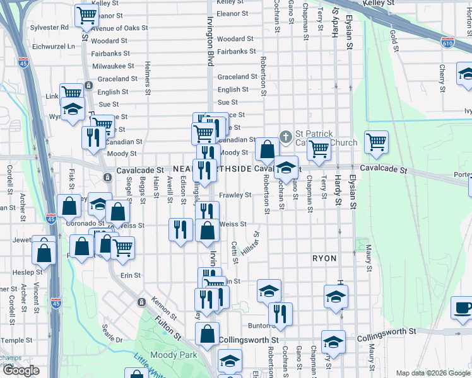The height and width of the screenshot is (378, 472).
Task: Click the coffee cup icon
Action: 463,308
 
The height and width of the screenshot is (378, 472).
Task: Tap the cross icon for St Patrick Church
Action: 285,136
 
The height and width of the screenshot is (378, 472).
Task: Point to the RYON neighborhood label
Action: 323,258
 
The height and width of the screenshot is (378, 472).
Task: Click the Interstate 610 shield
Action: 447,43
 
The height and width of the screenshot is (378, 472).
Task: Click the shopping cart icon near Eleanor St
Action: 86,15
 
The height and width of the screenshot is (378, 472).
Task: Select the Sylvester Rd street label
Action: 49,28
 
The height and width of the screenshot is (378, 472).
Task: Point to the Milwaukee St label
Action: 113,66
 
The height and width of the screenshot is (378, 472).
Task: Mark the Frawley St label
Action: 235,195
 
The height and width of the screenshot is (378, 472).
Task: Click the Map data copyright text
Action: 434,373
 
